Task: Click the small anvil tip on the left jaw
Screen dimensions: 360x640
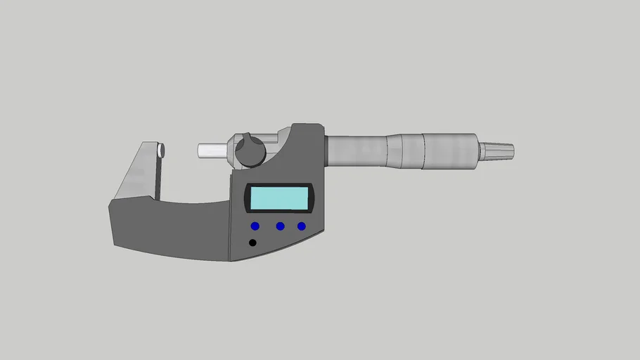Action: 162,150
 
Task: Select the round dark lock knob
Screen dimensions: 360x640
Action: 250,150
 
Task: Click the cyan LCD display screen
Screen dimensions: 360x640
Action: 279,198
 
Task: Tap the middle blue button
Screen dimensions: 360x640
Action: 280,226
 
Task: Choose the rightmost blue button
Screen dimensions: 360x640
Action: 302,226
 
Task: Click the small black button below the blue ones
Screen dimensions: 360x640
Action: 252,243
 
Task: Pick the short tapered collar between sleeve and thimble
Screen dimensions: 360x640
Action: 404,150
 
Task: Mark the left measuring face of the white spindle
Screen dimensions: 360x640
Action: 200,150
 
